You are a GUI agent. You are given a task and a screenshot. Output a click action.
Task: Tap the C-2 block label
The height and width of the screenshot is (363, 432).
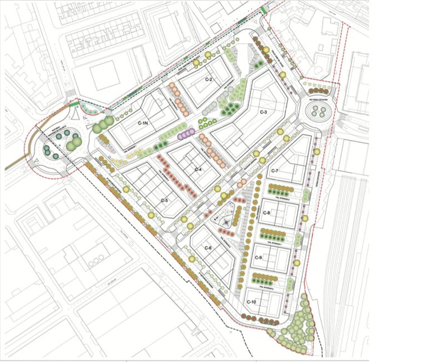pyautogui.click(x=209, y=79)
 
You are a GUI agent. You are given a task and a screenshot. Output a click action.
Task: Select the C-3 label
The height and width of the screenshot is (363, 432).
pyautogui.click(x=263, y=112)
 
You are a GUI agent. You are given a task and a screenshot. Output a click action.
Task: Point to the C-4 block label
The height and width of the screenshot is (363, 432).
pyautogui.click(x=197, y=170)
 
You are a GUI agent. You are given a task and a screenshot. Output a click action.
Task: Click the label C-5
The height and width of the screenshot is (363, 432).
pyautogui.click(x=164, y=201)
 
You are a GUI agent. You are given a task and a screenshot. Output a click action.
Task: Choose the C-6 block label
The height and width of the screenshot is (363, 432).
pyautogui.click(x=208, y=248)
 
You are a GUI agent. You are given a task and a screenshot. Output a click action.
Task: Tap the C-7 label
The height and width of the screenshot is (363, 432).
pyautogui.click(x=274, y=171)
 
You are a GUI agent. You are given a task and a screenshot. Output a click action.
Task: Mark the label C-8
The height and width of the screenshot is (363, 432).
pyautogui.click(x=267, y=213)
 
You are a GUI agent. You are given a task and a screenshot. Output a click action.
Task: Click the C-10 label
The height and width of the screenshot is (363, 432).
pyautogui.click(x=251, y=302)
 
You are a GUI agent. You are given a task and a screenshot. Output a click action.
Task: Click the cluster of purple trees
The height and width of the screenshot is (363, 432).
pyautogui.click(x=186, y=133)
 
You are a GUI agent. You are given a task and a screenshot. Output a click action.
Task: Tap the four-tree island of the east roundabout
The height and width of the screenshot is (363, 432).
pyautogui.click(x=319, y=111)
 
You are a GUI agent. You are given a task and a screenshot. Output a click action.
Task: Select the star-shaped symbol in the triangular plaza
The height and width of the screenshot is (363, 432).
pyautogui.click(x=225, y=222)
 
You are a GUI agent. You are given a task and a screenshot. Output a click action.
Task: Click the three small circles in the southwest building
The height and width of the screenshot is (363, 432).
pyautogui.click(x=96, y=260)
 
